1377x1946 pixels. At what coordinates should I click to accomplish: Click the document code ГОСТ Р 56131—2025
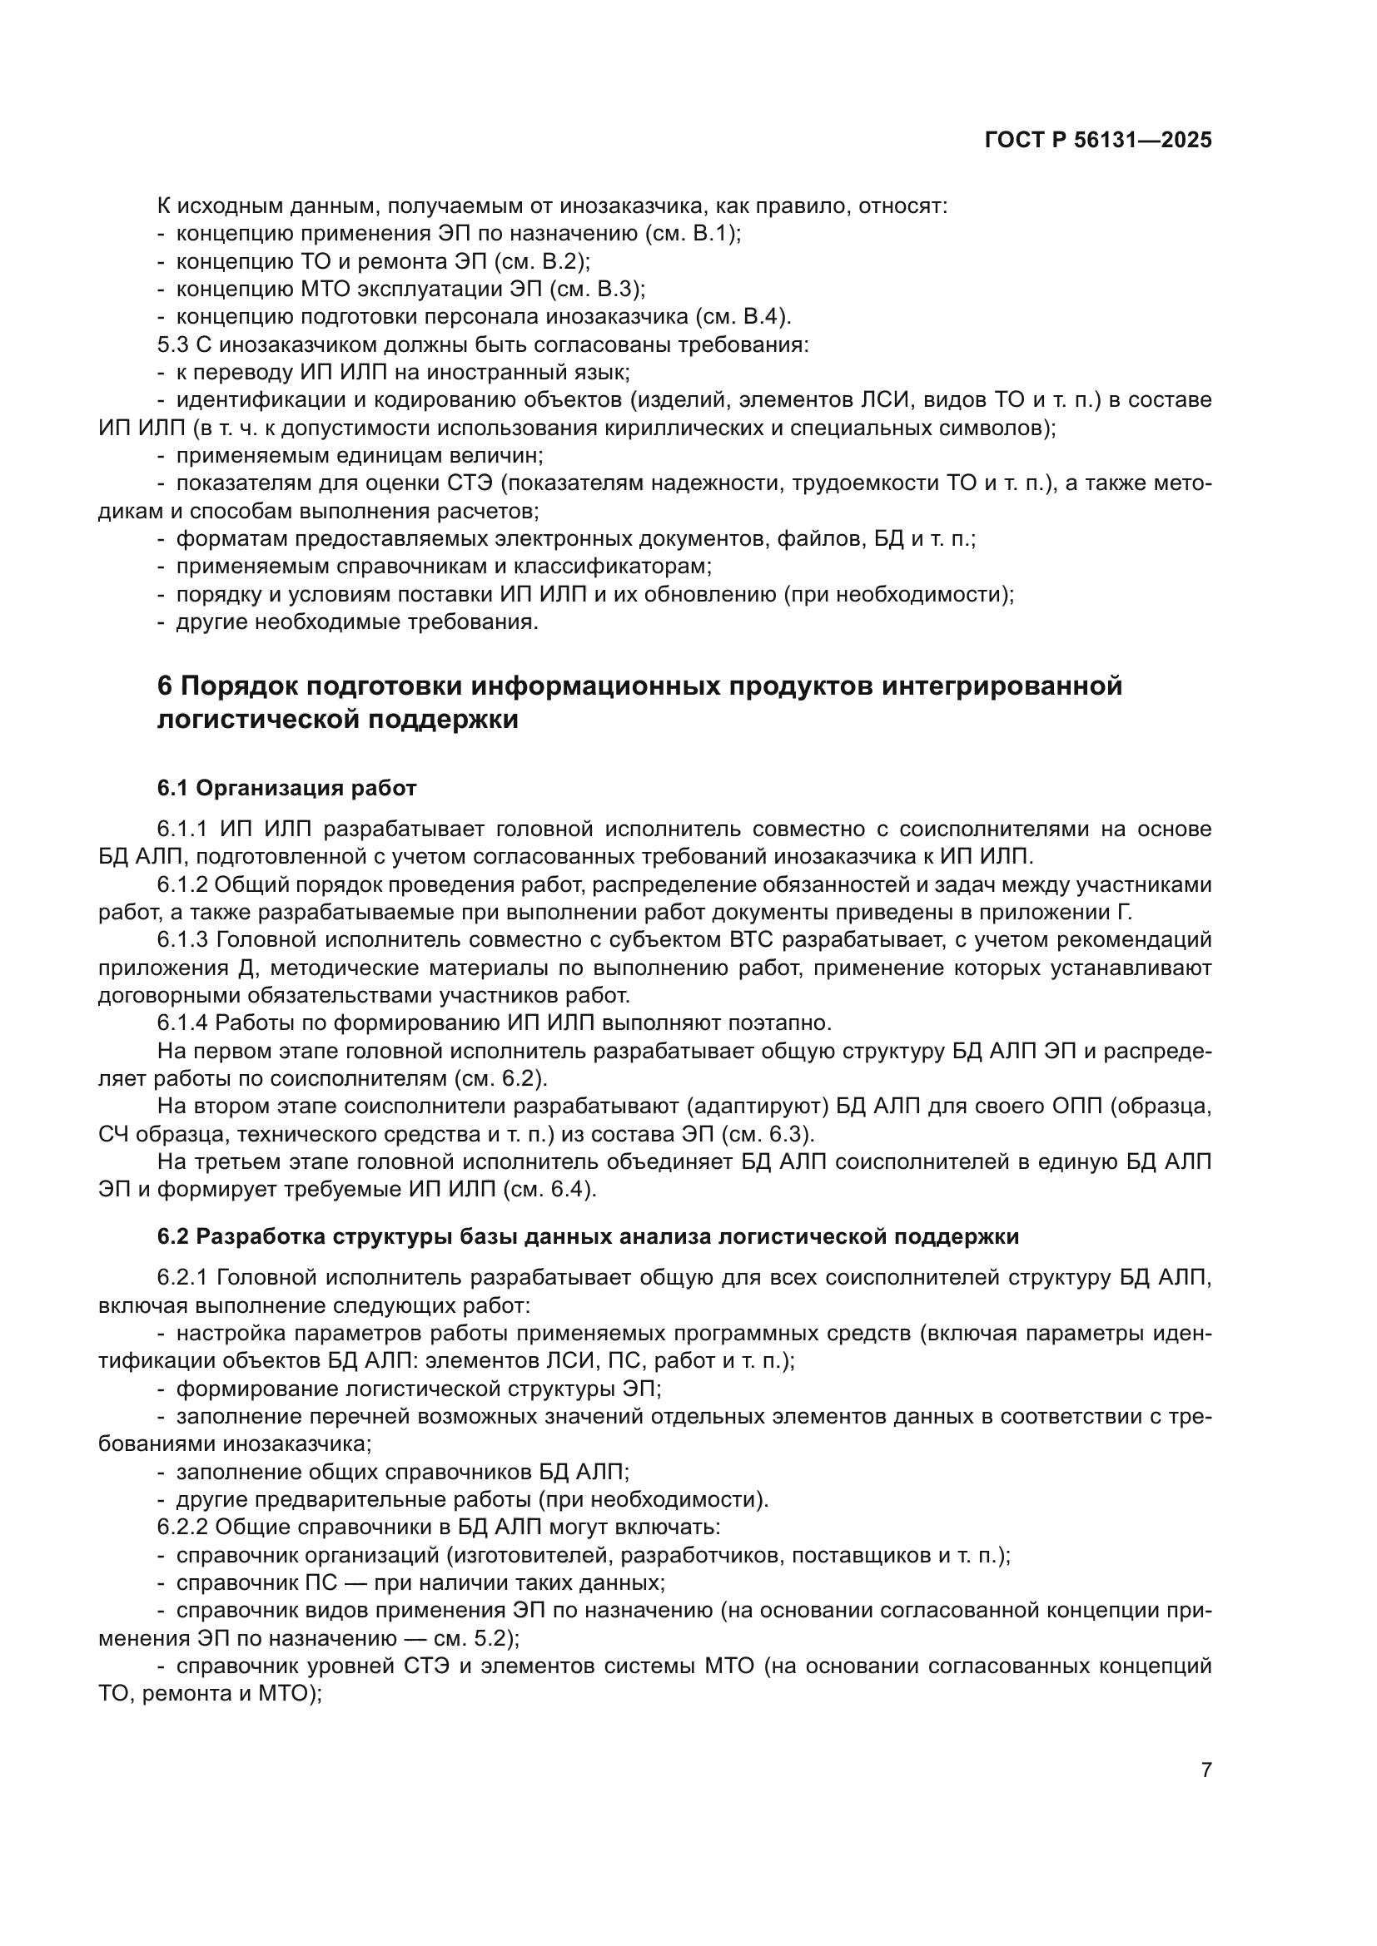[x=1098, y=141]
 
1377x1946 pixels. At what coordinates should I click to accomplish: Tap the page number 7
[x=1205, y=1770]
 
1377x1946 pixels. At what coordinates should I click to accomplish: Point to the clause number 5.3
[x=173, y=345]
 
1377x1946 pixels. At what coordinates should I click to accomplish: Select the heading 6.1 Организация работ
[x=286, y=788]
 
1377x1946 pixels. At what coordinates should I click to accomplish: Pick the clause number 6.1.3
[x=183, y=940]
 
